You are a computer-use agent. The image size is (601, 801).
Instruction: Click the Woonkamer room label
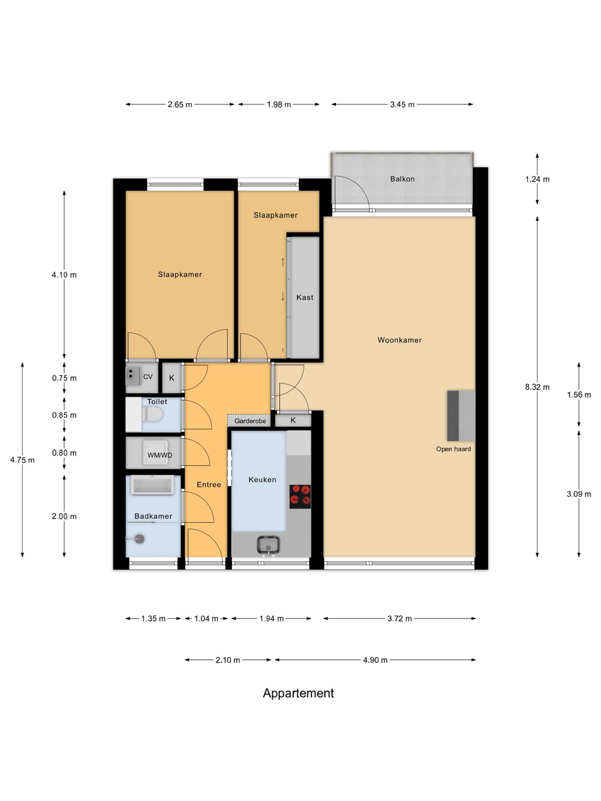399,340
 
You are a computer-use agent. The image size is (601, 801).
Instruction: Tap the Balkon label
402,179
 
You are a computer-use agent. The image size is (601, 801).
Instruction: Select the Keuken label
262,479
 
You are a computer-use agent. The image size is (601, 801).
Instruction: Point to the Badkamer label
153,516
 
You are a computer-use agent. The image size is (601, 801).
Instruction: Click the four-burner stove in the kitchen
300,496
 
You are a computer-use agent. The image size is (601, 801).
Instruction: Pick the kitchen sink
268,545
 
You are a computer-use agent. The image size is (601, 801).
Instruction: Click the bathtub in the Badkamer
152,486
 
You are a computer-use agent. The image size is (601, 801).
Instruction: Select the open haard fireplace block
461,416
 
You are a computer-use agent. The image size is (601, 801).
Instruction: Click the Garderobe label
250,421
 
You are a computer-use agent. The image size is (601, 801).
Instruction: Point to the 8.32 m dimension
537,387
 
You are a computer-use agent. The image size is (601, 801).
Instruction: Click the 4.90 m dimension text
375,660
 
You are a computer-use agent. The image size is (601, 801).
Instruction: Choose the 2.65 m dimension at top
180,105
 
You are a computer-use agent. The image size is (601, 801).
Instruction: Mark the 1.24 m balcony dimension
537,179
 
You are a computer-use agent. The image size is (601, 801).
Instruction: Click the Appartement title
298,693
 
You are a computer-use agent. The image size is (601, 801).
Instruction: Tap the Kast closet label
305,298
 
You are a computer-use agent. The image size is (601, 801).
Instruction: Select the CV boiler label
148,377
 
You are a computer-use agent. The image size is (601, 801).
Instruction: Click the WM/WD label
160,456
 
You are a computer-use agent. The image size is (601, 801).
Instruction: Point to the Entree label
209,484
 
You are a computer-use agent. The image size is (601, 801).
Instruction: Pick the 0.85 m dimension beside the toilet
64,415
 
